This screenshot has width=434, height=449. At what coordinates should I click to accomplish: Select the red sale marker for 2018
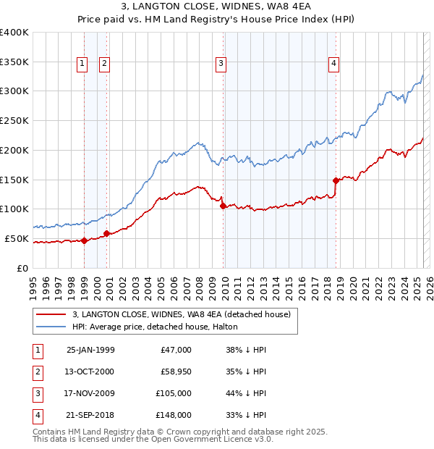[336, 180]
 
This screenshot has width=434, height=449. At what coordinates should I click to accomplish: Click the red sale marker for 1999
[84, 240]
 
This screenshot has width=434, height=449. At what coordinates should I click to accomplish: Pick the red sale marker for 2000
[106, 233]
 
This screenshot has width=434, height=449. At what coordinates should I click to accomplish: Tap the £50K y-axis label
[17, 238]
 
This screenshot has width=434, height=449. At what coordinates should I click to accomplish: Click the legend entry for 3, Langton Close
[181, 314]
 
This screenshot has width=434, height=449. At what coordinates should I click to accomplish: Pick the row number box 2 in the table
[36, 372]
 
